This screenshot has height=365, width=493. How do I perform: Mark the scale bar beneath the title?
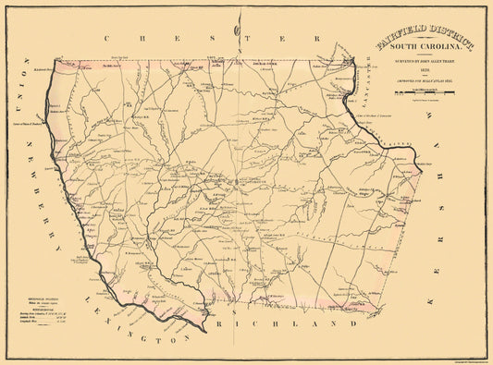pyautogui.click(x=425, y=93)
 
